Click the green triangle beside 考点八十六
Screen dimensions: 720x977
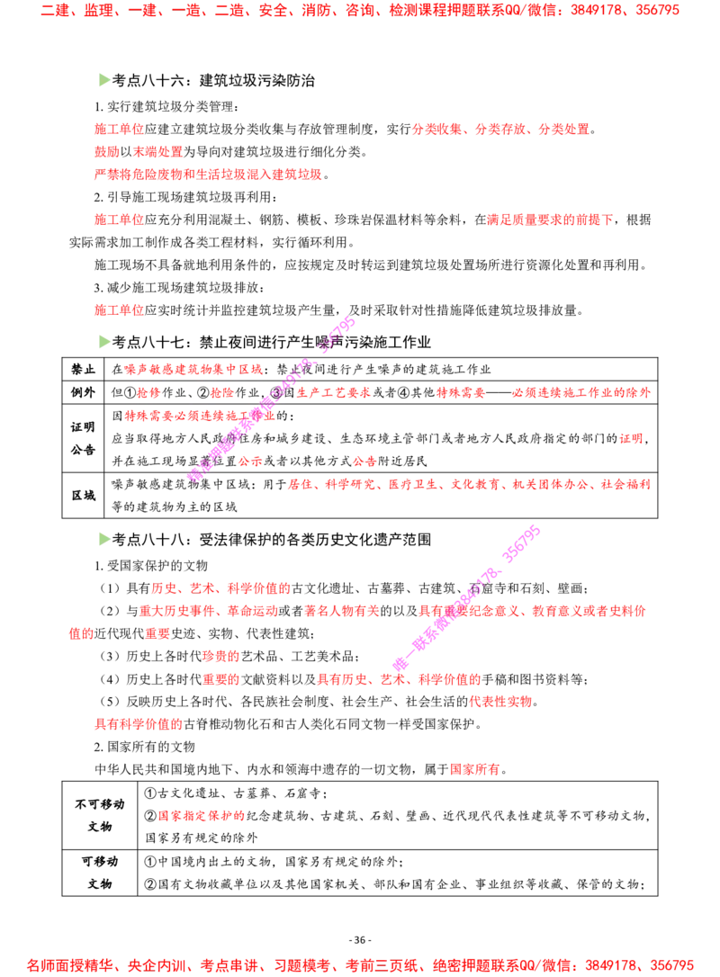point(104,80)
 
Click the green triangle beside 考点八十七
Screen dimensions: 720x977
point(104,342)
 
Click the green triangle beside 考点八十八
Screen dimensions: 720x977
point(104,539)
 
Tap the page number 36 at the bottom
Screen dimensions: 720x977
point(360,940)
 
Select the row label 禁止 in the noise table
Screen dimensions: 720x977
point(83,370)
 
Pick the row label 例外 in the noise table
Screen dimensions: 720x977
point(83,392)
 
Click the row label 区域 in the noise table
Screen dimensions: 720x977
point(83,496)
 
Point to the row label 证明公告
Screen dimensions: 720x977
point(83,438)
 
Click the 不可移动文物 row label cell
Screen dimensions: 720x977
point(100,815)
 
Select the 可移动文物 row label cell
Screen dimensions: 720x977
point(100,873)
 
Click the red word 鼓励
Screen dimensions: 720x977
point(106,152)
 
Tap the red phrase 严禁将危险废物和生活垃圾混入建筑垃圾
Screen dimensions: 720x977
point(208,175)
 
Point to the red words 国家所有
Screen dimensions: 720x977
point(475,769)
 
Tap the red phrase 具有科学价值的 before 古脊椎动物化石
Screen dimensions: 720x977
point(139,724)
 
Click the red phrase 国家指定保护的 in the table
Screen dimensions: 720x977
point(202,816)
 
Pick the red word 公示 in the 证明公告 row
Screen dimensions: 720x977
point(249,462)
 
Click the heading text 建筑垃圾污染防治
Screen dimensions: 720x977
point(256,80)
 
